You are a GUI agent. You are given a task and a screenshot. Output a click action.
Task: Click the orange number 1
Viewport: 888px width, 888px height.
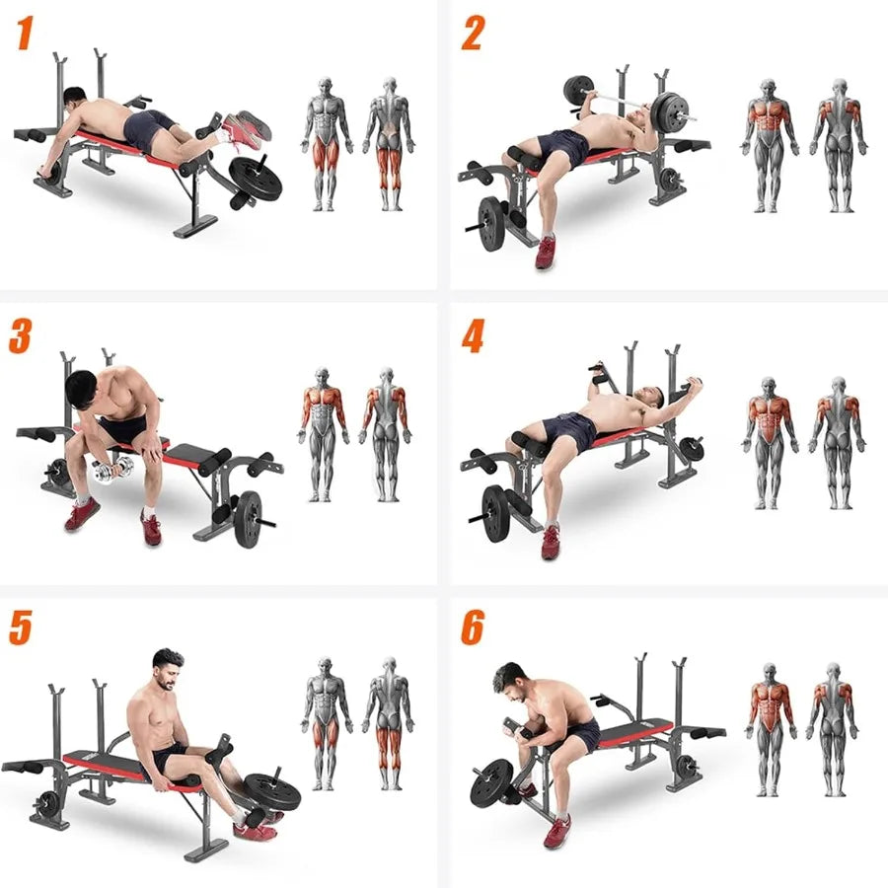[x=26, y=35]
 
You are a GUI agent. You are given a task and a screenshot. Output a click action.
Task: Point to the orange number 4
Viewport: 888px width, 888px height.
[x=473, y=336]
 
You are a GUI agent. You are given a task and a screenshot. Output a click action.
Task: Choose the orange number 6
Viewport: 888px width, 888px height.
[x=473, y=628]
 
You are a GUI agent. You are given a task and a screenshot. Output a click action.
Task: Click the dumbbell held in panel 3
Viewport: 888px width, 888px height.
[x=108, y=472]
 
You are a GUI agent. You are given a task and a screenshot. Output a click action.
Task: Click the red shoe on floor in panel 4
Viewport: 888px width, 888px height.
[x=550, y=541]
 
